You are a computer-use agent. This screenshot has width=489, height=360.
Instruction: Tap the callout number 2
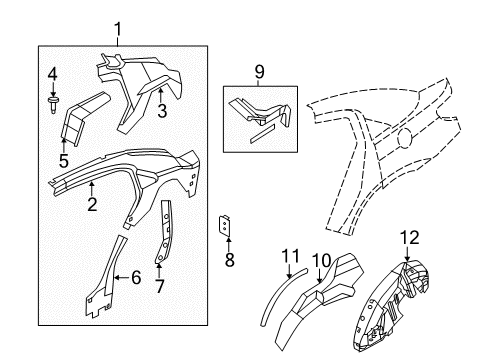point(91,205)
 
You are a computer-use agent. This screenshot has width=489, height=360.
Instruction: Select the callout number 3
point(162,109)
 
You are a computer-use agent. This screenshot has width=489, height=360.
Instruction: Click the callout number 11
point(290,256)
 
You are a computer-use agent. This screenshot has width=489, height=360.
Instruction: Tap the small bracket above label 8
point(226,229)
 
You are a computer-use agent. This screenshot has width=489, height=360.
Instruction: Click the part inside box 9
point(262,113)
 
